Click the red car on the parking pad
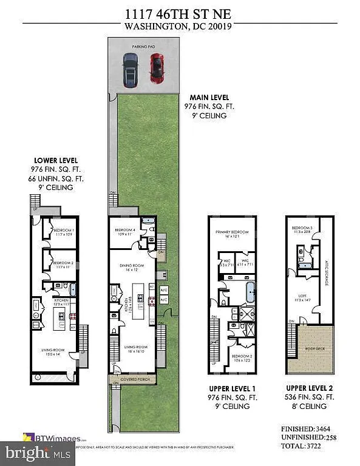click(x=157, y=68)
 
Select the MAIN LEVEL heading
click(x=206, y=97)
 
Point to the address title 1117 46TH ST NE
click(x=180, y=13)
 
